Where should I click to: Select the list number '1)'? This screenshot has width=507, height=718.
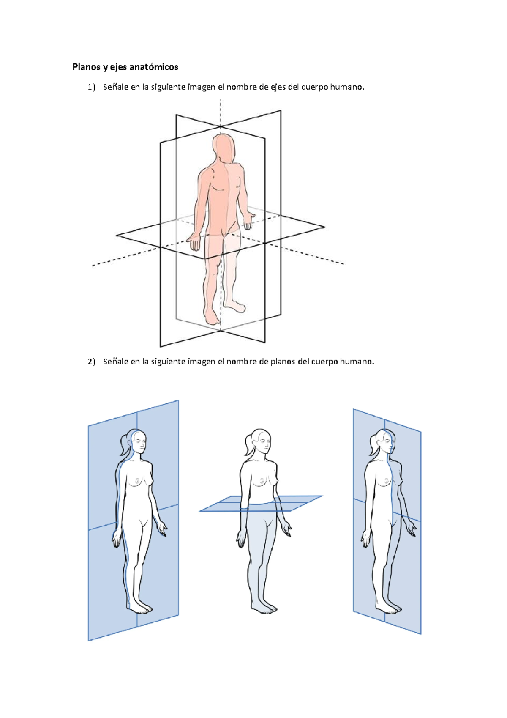pyautogui.click(x=92, y=87)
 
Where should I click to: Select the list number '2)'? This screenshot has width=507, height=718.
pyautogui.click(x=92, y=362)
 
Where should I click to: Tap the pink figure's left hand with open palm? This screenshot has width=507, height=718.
pyautogui.click(x=194, y=243)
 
